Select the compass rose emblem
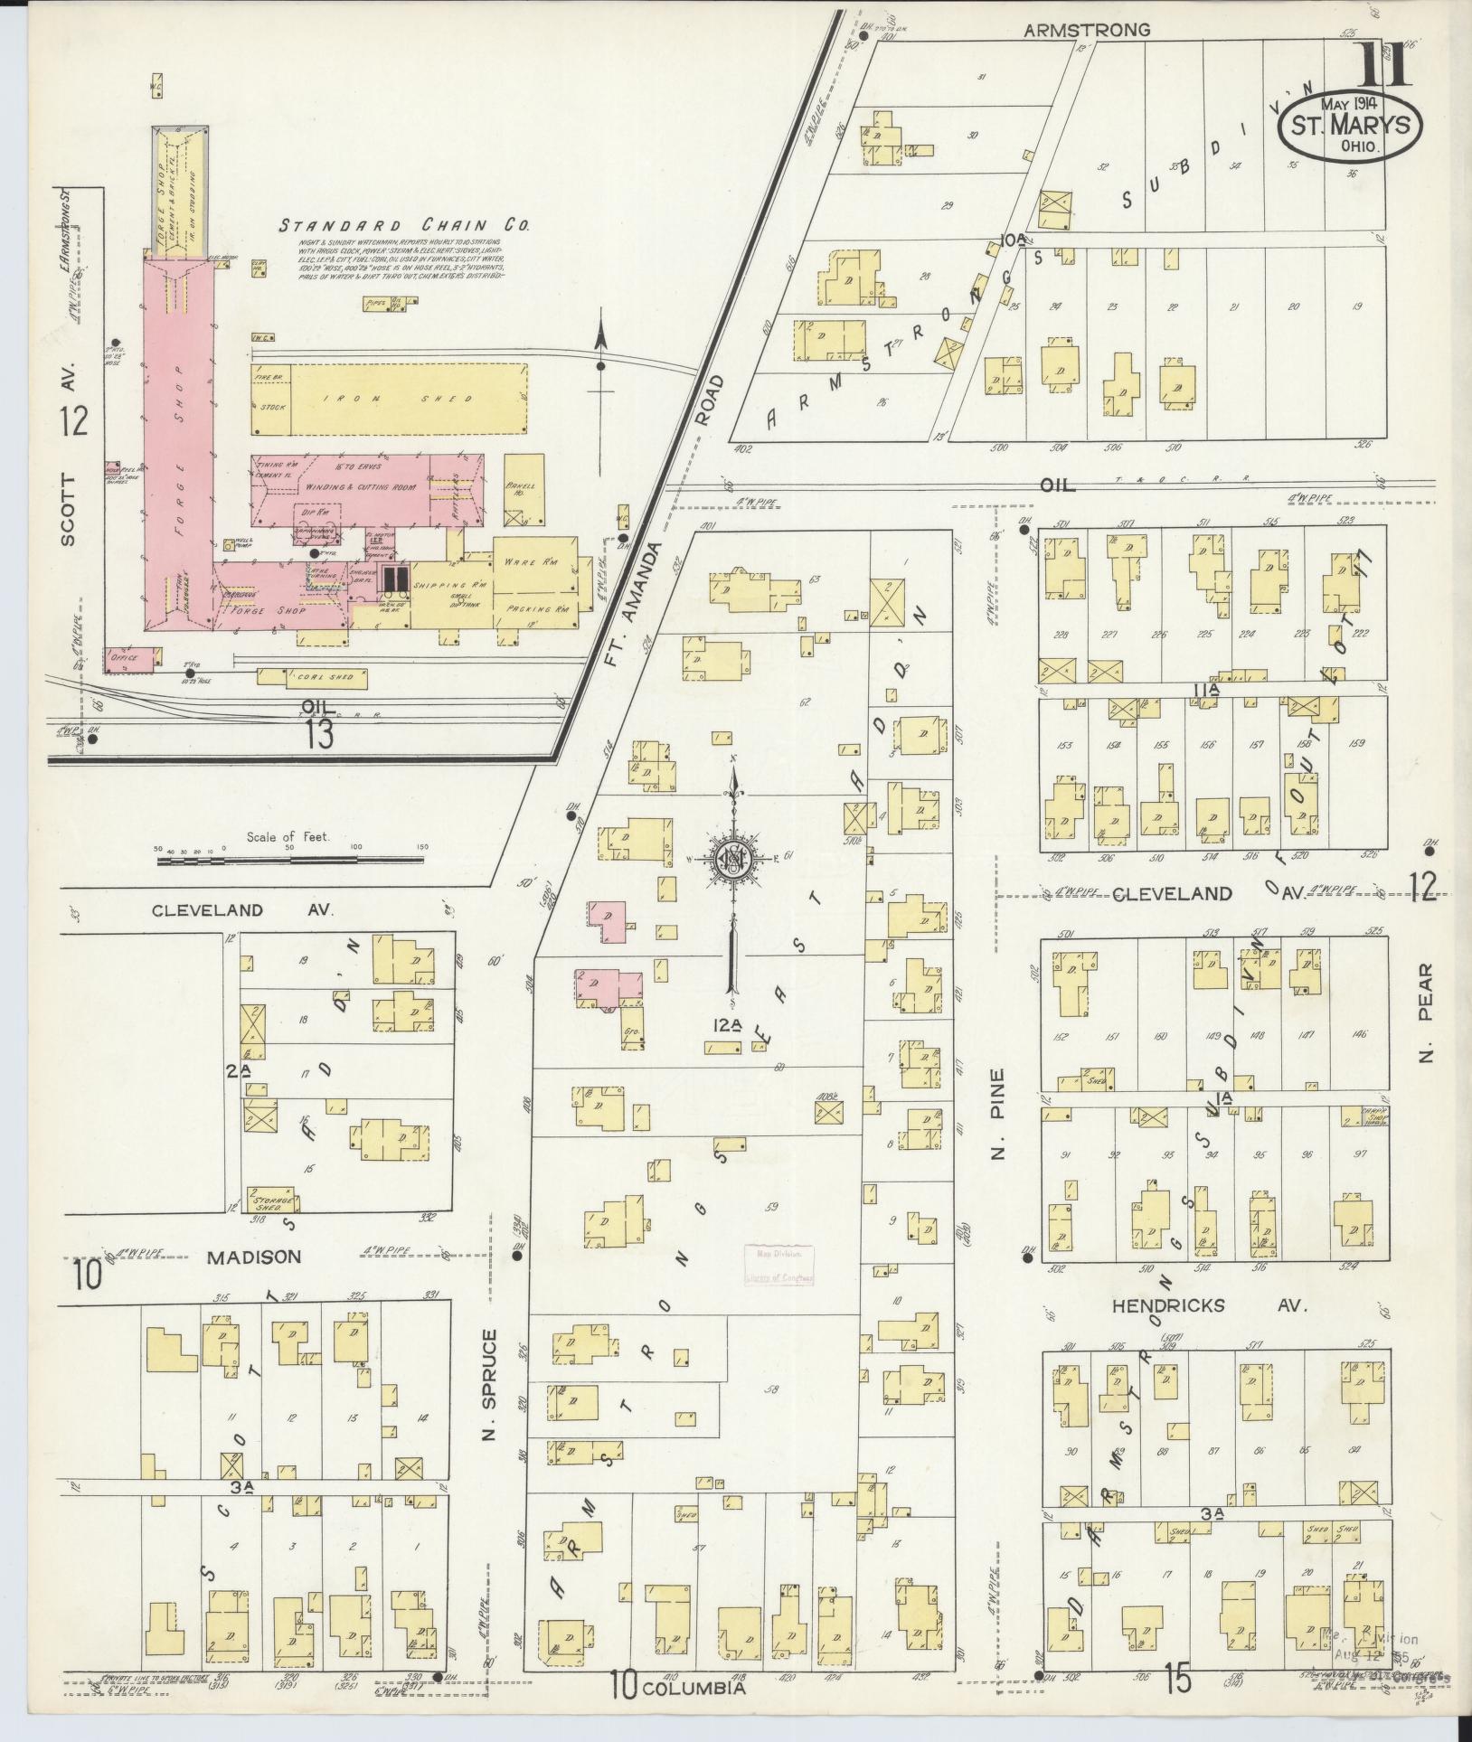734,858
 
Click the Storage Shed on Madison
272,1198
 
